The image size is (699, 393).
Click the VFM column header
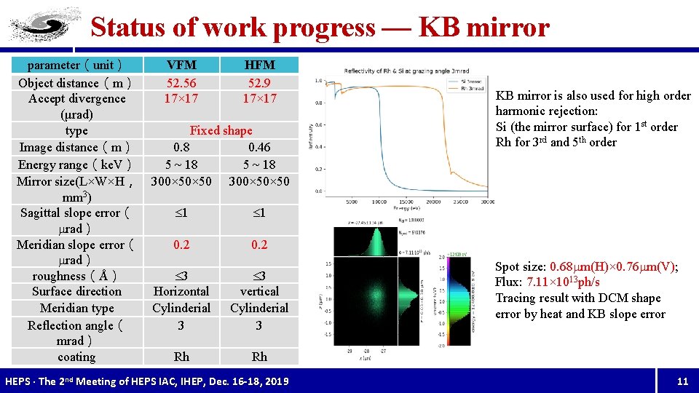click(x=181, y=65)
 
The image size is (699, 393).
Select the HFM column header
click(x=259, y=65)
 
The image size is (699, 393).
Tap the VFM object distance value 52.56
click(x=181, y=82)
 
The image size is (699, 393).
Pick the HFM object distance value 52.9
click(x=259, y=82)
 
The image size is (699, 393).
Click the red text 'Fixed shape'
click(x=221, y=130)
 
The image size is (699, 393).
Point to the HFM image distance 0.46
click(x=259, y=147)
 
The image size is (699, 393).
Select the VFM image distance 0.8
click(x=181, y=147)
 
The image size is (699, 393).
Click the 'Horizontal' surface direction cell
click(x=181, y=291)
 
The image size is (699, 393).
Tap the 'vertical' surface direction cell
click(x=259, y=291)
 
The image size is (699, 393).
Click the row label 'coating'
click(x=76, y=357)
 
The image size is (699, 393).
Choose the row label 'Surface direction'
click(x=76, y=291)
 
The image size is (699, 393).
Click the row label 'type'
click(x=76, y=131)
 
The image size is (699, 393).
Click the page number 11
click(x=682, y=381)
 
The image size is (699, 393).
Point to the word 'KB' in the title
click(x=440, y=28)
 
